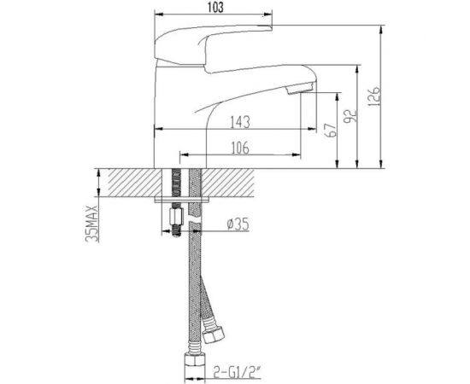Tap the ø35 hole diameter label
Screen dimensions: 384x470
point(236,225)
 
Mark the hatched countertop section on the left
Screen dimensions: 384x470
point(127,183)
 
